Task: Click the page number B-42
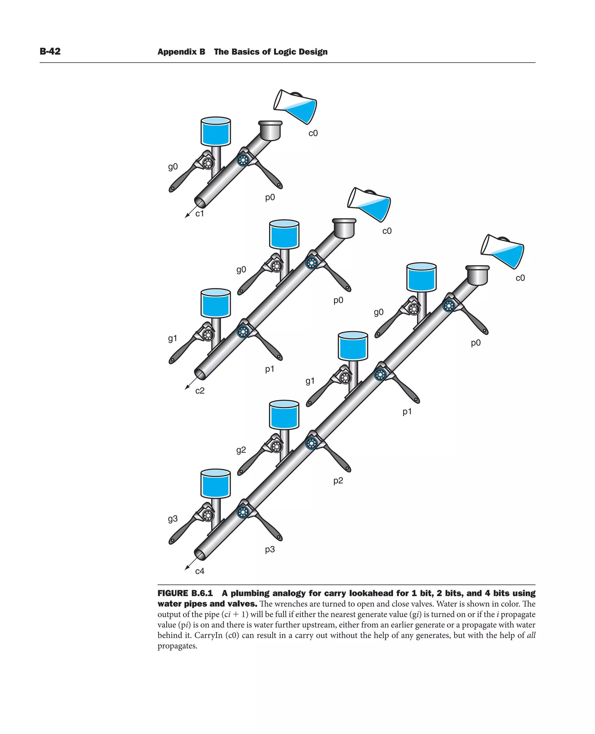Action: point(50,51)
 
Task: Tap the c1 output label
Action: point(200,214)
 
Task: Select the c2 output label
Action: point(200,391)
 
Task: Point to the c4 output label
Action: point(200,571)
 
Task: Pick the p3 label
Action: point(270,549)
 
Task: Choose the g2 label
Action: point(241,450)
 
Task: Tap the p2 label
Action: point(338,480)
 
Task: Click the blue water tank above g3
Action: point(216,484)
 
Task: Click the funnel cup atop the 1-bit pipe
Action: point(270,130)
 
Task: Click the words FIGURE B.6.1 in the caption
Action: point(185,593)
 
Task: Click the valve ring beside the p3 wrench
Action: point(243,513)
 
